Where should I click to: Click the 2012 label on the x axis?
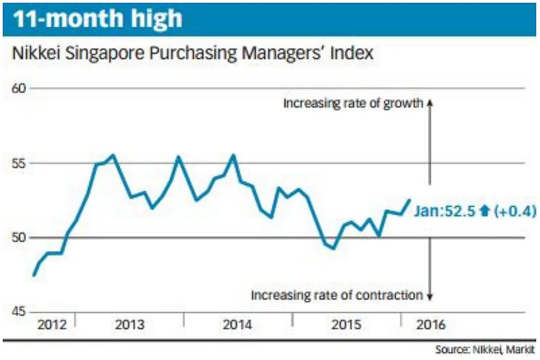pos(51,325)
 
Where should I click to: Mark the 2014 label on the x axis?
pos(237,325)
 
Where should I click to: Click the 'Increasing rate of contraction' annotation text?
pos(336,295)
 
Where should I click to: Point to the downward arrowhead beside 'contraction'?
pos(430,297)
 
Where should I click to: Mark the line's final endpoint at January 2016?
pos(409,200)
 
